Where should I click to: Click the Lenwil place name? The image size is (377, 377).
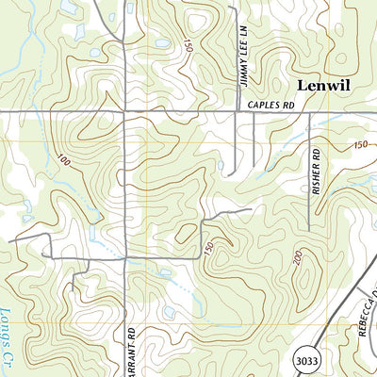click(323, 85)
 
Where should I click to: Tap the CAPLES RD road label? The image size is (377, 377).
click(271, 107)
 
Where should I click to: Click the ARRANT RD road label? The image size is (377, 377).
click(131, 353)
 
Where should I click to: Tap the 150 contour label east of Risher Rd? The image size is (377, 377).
click(360, 144)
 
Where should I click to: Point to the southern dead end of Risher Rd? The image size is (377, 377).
click(310, 231)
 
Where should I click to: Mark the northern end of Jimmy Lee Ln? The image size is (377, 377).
click(236, 28)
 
